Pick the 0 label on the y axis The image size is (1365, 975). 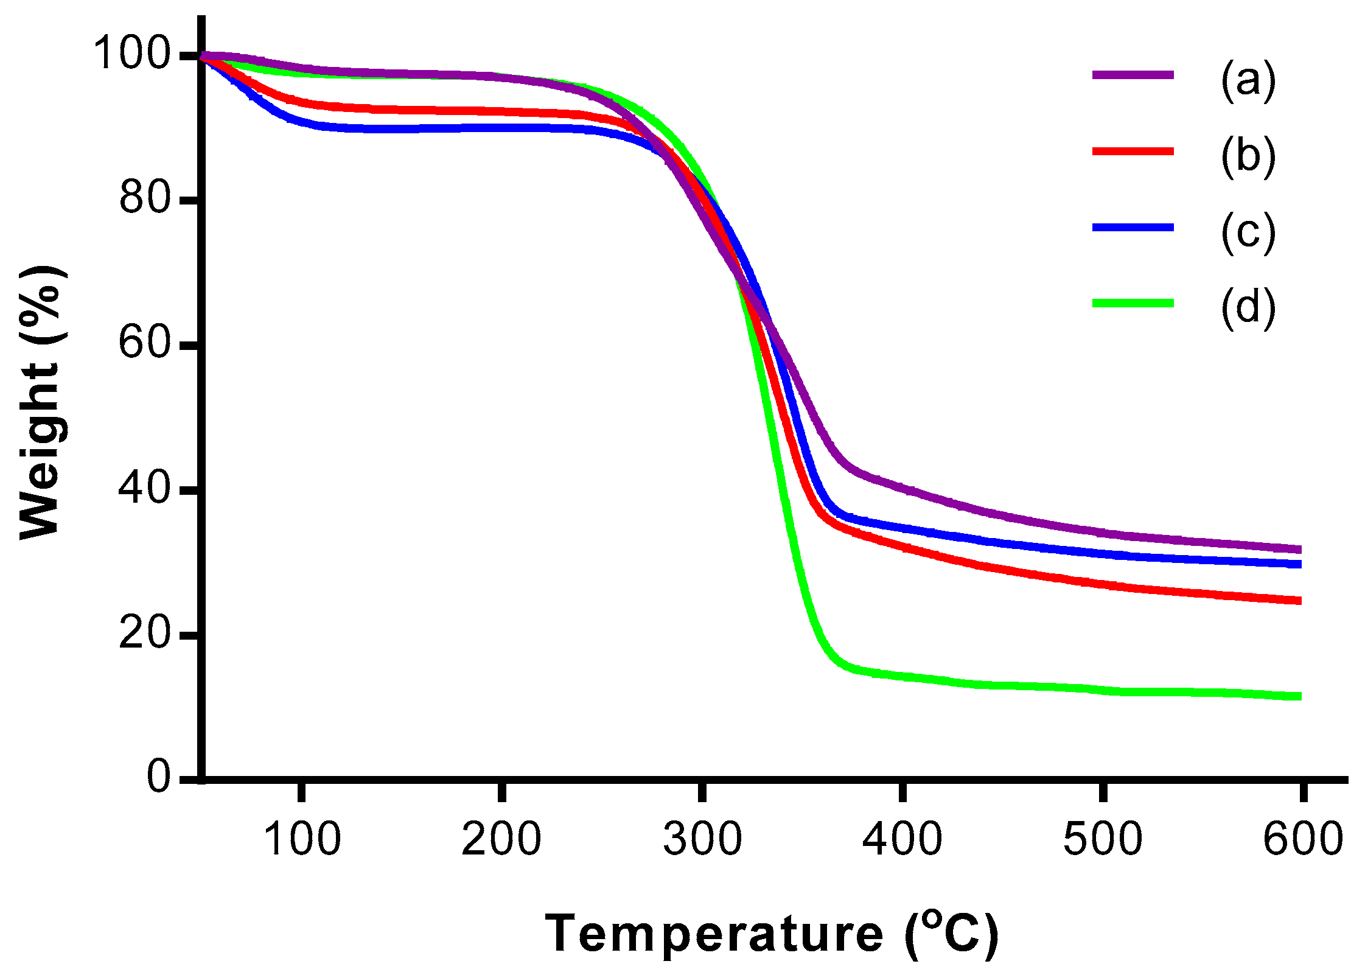pos(159,777)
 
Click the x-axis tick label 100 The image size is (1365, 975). pos(302,839)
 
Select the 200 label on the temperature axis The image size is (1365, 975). pos(501,839)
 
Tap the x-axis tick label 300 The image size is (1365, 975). pos(702,839)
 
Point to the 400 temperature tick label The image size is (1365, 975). pos(902,839)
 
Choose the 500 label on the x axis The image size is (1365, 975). pos(1102,839)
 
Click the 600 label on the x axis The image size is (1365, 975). pos(1302,839)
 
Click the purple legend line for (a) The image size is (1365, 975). pos(1133,75)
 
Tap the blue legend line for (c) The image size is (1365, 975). pos(1133,228)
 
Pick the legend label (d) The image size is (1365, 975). pos(1248,308)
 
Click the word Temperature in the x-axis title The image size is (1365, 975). pos(714,934)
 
